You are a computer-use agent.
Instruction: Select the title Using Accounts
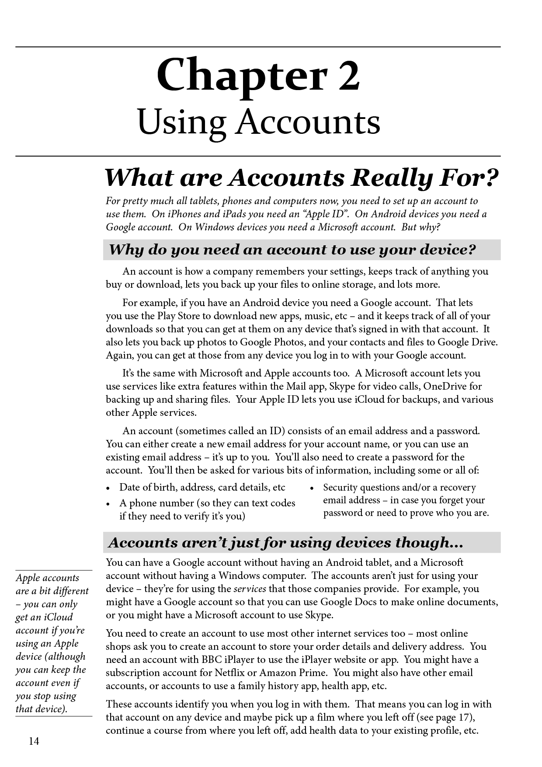point(259,122)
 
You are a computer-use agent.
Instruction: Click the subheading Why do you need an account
point(292,250)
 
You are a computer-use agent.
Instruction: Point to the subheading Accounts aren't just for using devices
point(285,543)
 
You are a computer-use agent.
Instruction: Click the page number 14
point(34,741)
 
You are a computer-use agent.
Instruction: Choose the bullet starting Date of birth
point(202,487)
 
